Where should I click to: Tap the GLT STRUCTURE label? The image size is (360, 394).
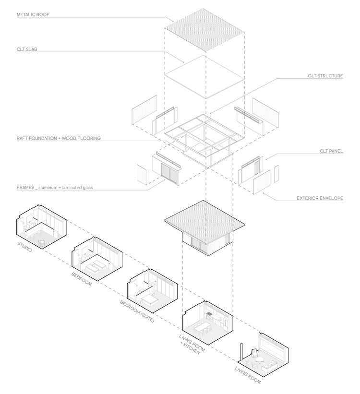click(325, 76)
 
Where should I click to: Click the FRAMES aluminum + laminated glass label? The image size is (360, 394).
click(54, 188)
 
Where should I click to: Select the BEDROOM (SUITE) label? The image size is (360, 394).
click(137, 311)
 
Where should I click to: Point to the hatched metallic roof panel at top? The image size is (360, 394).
click(206, 28)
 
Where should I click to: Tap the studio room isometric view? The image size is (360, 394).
click(40, 225)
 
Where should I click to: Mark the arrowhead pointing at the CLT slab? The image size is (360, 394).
click(183, 62)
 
